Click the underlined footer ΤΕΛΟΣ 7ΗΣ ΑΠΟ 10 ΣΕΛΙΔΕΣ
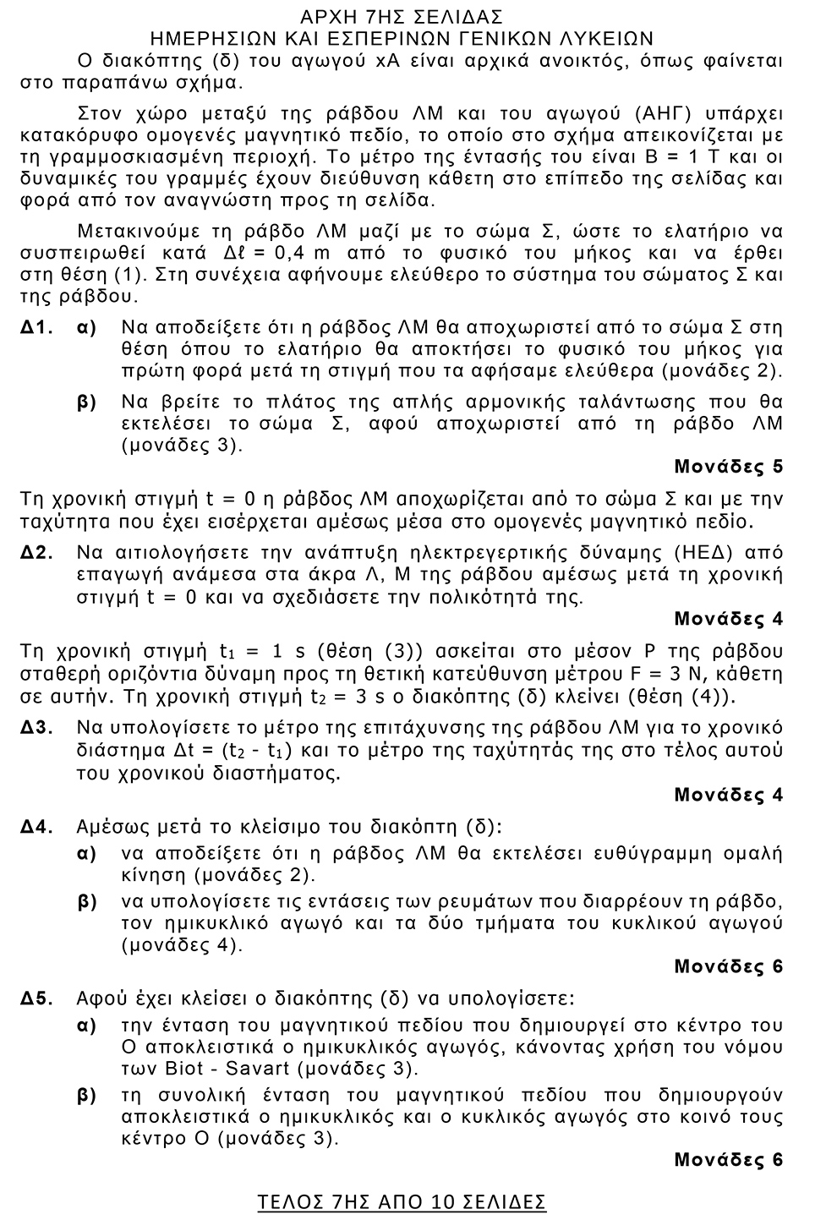pyautogui.click(x=402, y=1201)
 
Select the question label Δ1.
pyautogui.click(x=38, y=327)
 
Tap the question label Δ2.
pyautogui.click(x=38, y=553)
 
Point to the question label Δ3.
pyautogui.click(x=38, y=728)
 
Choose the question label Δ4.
pyautogui.click(x=38, y=826)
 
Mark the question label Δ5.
pyautogui.click(x=38, y=998)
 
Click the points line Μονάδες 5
pyautogui.click(x=728, y=466)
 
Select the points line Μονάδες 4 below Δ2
pyautogui.click(x=728, y=619)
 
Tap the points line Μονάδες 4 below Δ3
pyautogui.click(x=728, y=795)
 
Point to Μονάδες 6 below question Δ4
pyautogui.click(x=728, y=966)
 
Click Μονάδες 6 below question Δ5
pyautogui.click(x=728, y=1160)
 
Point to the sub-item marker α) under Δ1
pyautogui.click(x=87, y=327)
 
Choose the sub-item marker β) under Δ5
pyautogui.click(x=87, y=1096)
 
